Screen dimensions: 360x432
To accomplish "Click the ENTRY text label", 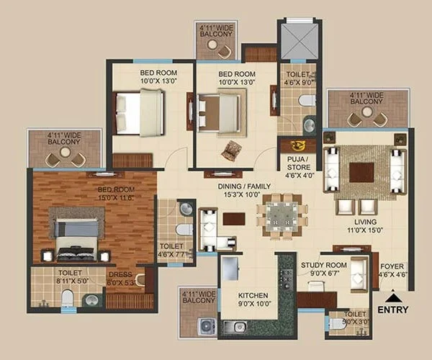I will [x=392, y=310].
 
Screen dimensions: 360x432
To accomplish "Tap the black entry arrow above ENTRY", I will [x=392, y=297].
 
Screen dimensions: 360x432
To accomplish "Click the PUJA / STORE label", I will [x=297, y=163].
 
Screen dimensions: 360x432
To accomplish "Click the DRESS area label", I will [x=121, y=278].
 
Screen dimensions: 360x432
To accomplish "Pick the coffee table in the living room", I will [x=361, y=172].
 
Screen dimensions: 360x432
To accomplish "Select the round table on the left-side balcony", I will [x=66, y=152].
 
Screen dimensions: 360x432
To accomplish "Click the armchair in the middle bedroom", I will [x=232, y=150].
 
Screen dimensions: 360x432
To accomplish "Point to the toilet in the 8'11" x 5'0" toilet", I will [x=67, y=297].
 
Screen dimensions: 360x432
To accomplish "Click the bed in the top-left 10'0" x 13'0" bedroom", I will [x=140, y=112].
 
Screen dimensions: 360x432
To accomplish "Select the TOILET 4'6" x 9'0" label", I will [x=297, y=78].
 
